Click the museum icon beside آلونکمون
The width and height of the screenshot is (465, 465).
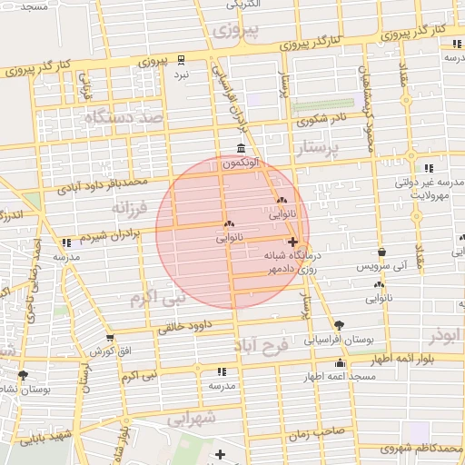click(x=240, y=148)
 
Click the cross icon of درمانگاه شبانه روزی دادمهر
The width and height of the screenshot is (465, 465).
click(x=292, y=242)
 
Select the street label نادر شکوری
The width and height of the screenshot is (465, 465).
click(x=322, y=117)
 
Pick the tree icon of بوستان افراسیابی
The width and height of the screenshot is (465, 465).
click(x=339, y=324)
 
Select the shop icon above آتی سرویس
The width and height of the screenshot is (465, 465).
click(x=381, y=252)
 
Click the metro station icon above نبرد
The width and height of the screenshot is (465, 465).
click(x=181, y=60)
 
